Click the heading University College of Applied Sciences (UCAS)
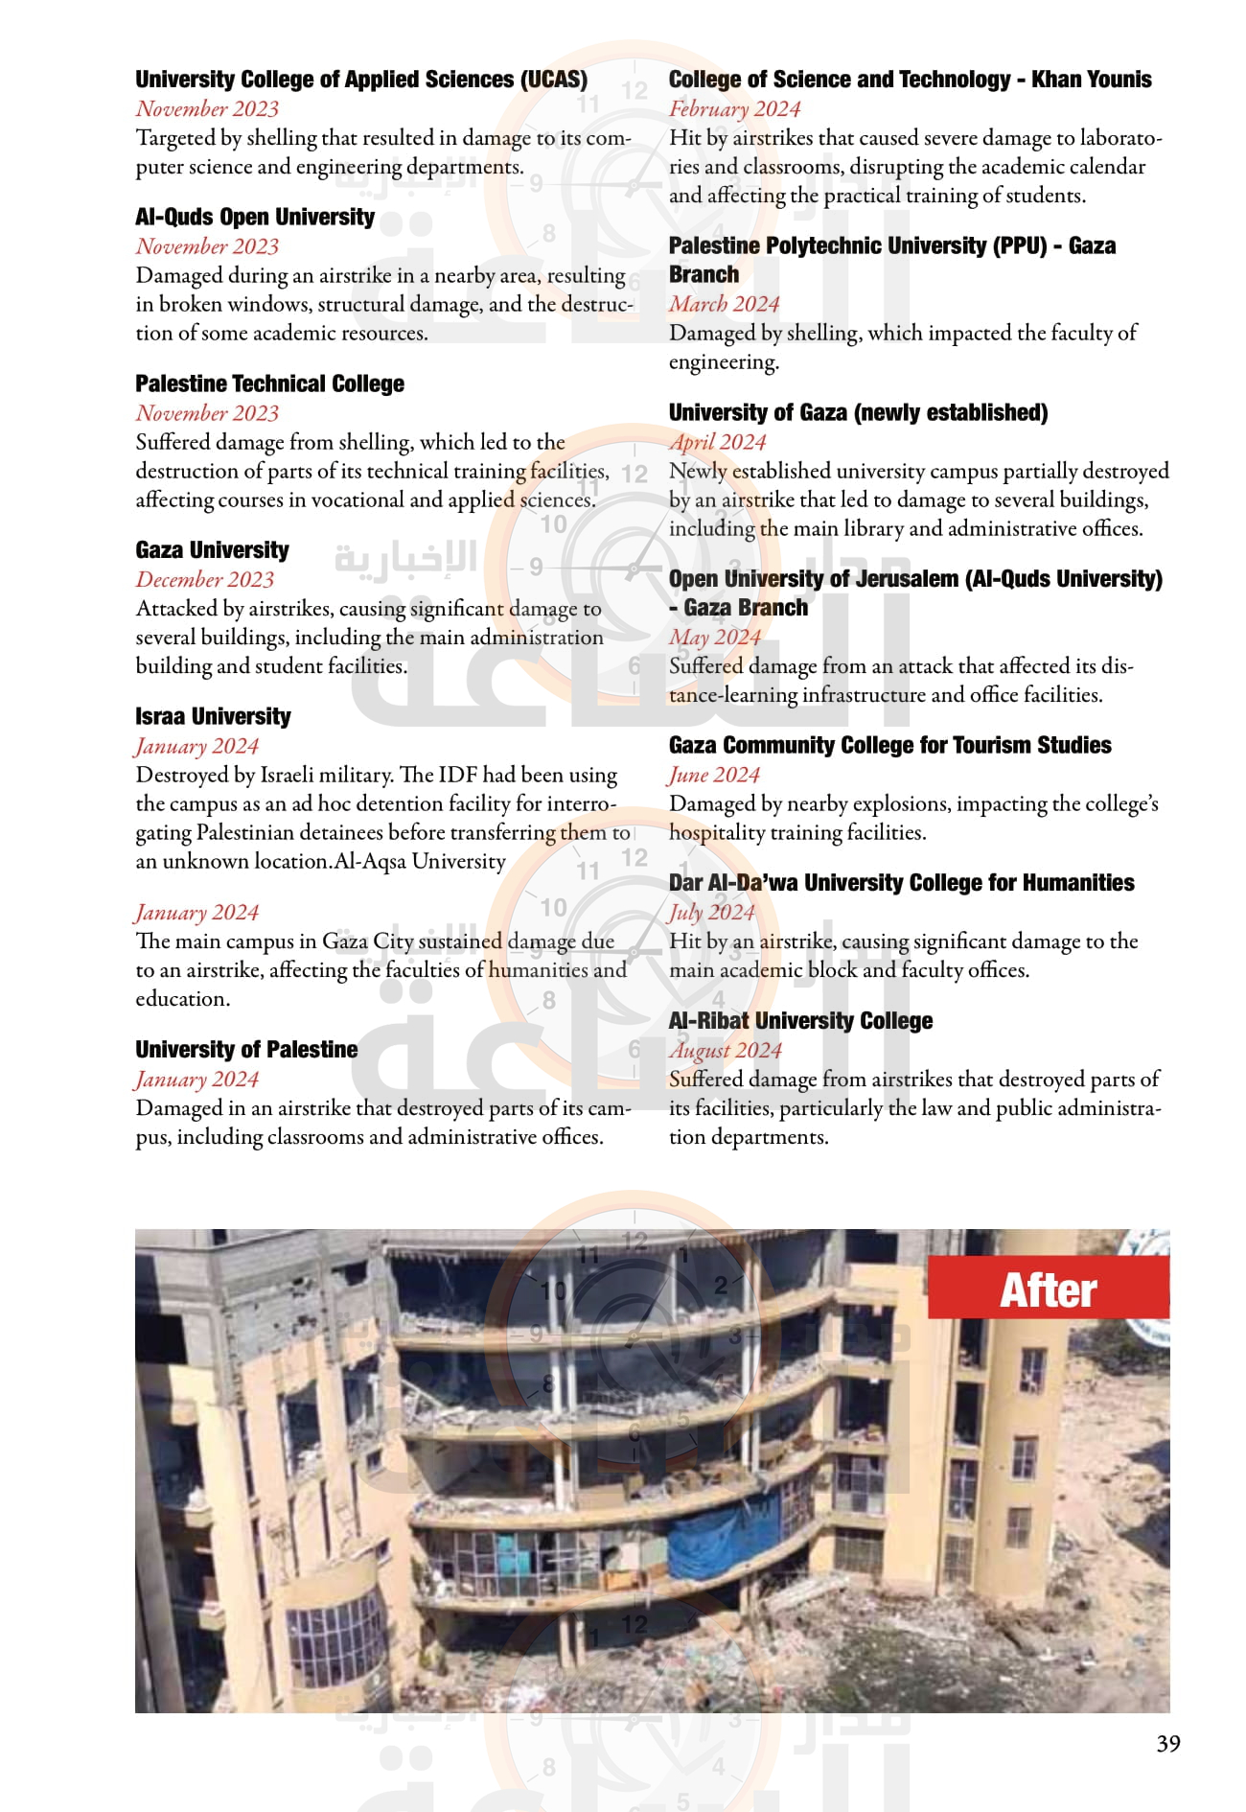[361, 80]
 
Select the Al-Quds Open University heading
[255, 217]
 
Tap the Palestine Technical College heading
[269, 383]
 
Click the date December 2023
[205, 579]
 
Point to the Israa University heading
[213, 716]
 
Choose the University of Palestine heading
[246, 1049]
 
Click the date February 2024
[734, 108]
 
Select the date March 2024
[724, 304]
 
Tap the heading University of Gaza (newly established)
[858, 412]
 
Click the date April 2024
[717, 442]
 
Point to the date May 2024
[714, 637]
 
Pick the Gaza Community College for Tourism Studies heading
[889, 745]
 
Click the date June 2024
[714, 775]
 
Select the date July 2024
[711, 912]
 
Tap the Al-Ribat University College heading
[800, 1020]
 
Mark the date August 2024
[725, 1050]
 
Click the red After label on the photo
[1048, 1289]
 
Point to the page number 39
[1167, 1743]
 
